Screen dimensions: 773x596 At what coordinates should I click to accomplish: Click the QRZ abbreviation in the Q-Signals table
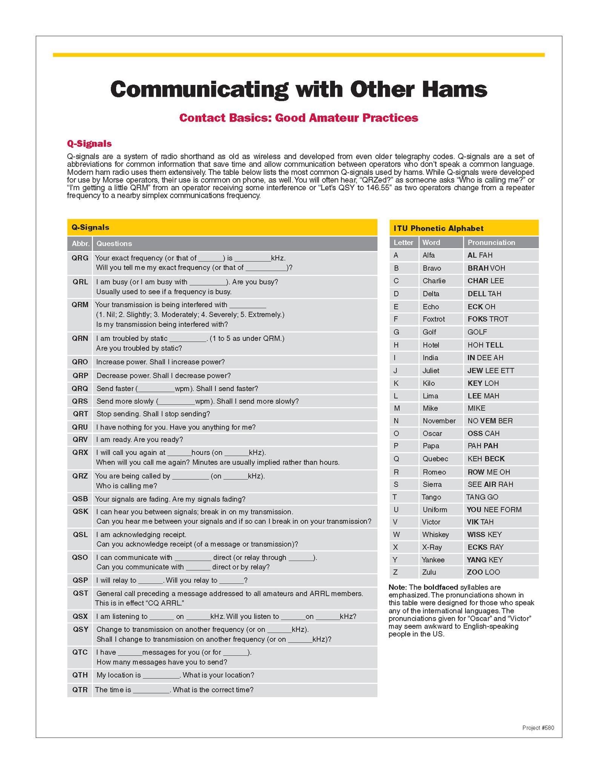80,476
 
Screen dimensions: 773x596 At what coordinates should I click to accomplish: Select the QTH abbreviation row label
80,675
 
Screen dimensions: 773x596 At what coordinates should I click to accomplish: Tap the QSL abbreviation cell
80,534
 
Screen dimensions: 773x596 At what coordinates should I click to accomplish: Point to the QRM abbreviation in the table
80,305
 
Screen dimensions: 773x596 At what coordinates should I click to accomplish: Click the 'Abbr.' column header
80,243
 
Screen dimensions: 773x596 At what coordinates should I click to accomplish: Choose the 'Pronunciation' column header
491,242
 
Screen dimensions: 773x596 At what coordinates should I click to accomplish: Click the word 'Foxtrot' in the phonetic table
433,319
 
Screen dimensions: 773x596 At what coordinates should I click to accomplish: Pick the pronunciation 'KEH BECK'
486,459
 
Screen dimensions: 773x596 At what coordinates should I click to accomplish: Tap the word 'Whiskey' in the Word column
435,534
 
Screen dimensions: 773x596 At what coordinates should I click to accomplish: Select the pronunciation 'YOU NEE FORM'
494,510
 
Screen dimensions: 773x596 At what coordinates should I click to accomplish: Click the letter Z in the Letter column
395,572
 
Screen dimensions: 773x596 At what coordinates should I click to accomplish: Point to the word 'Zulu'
429,572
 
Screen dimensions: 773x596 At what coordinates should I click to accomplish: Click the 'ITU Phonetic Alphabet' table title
438,228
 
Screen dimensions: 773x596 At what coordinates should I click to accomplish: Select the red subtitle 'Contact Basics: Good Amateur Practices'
298,118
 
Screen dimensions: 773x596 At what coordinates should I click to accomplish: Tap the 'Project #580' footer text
538,728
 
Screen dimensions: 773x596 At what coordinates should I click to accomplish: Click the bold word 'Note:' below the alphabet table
397,587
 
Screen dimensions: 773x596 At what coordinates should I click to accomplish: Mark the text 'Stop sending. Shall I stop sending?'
153,414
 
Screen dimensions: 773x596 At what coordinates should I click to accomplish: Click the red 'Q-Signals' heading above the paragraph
89,143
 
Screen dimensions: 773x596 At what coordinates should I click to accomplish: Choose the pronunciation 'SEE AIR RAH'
490,484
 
